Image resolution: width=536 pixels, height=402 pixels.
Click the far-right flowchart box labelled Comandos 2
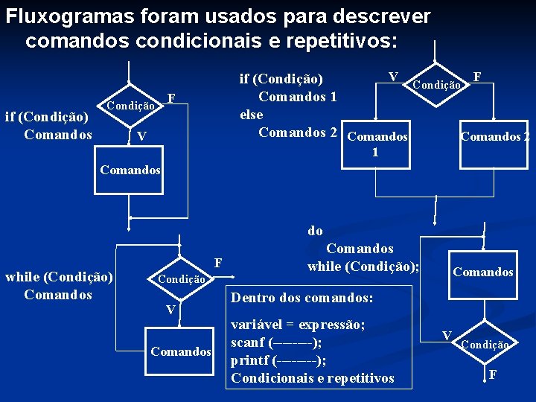[495, 136]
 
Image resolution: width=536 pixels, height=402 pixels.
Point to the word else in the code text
[251, 115]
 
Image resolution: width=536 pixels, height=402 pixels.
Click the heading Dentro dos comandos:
[301, 298]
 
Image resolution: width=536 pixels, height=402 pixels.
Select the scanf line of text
[276, 343]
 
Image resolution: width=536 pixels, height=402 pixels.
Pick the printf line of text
[278, 360]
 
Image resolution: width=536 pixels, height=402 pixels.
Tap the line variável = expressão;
[298, 325]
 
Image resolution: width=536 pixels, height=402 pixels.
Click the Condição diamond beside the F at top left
[130, 106]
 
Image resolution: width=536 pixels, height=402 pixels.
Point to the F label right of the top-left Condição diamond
[171, 98]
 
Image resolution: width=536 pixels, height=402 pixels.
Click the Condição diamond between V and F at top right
[435, 85]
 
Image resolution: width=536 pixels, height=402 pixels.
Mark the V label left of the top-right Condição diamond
[392, 76]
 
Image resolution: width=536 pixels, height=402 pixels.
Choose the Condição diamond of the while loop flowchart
[180, 279]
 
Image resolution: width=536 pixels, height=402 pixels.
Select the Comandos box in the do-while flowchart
[483, 272]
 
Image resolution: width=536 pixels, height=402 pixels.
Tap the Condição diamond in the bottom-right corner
[485, 345]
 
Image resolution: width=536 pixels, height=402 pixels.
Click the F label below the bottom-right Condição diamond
[493, 374]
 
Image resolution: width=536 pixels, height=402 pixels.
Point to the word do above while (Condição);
[315, 231]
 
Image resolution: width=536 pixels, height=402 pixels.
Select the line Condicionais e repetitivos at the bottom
[313, 378]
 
